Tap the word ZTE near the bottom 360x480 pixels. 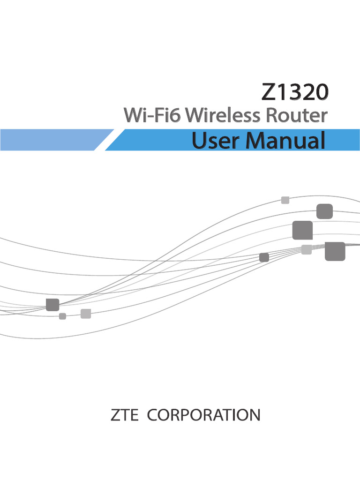(x=124, y=415)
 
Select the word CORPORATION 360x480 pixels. (x=203, y=415)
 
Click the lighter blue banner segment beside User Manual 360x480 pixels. (x=52, y=140)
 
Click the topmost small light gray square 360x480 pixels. (x=285, y=200)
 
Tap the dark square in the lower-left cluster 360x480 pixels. (x=52, y=305)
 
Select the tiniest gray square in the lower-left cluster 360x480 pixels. (x=62, y=316)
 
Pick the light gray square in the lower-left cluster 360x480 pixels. (x=85, y=314)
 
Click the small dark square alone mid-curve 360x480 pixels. (x=264, y=257)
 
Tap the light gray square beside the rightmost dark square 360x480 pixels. (x=306, y=250)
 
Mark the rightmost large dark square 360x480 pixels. (x=335, y=251)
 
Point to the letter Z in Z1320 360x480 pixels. (x=269, y=92)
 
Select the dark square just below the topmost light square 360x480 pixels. (x=324, y=211)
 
